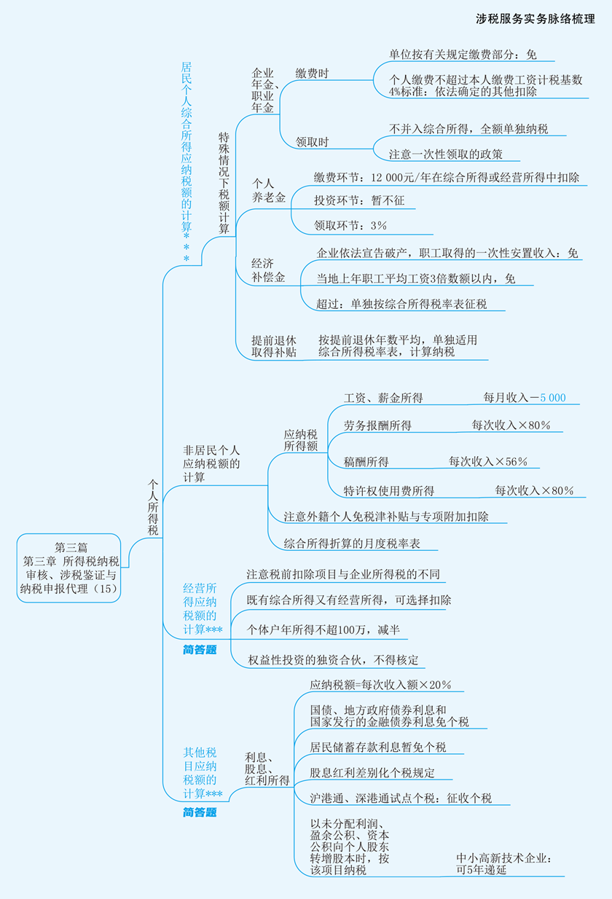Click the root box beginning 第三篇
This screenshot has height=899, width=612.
70,568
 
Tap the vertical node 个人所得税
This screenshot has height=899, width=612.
153,507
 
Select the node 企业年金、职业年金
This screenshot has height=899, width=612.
263,90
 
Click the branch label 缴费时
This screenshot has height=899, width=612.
312,74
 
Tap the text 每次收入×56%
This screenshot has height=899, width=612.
488,462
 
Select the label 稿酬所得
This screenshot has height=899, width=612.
366,462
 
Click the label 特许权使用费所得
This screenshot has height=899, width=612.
389,490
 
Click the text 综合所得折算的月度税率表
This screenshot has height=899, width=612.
352,543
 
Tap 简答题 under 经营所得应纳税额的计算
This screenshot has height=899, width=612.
200,650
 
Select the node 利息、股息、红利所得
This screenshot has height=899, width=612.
267,769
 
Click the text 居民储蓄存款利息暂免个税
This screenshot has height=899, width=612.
377,747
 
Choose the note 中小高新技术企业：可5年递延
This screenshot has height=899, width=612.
503,864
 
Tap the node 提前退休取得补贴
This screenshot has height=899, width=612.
274,346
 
